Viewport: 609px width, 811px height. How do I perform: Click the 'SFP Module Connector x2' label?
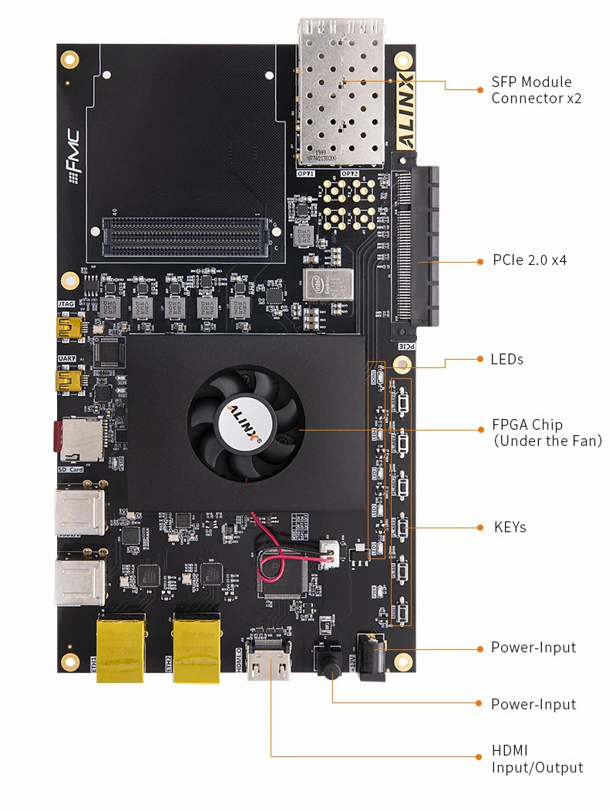tap(532, 90)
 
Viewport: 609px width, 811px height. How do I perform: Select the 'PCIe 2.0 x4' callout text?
tap(530, 260)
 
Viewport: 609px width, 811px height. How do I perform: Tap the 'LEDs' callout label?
tap(506, 360)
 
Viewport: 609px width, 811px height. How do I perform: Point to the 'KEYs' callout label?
tap(510, 528)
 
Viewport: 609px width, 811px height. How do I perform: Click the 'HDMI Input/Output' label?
tap(537, 759)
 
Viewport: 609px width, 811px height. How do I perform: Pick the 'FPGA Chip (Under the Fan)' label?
tap(547, 433)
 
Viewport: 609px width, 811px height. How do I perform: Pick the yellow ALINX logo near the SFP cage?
tap(405, 110)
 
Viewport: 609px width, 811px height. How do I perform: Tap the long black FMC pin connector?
tap(186, 227)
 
